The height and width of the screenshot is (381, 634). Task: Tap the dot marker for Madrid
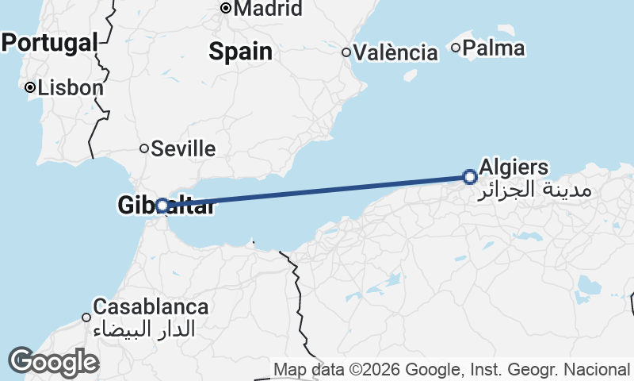(x=226, y=9)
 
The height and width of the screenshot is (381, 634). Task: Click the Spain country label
(x=240, y=52)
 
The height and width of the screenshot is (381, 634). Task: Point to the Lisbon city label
(x=71, y=87)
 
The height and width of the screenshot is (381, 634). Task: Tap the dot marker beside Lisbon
(x=30, y=87)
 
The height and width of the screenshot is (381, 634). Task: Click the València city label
(x=396, y=53)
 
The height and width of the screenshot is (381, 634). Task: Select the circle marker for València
(x=346, y=53)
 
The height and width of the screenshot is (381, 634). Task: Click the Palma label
(x=494, y=48)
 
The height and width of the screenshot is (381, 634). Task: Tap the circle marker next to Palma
(x=456, y=48)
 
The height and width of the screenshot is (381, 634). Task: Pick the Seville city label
(x=183, y=148)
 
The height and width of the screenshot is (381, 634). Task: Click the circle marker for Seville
(x=144, y=148)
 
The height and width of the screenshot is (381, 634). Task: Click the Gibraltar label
(x=166, y=206)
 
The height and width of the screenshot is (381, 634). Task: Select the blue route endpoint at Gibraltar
(x=162, y=206)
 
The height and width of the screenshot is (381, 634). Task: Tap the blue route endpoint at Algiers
(x=470, y=177)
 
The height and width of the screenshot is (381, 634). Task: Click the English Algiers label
(x=514, y=167)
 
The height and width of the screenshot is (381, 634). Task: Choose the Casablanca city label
(x=151, y=306)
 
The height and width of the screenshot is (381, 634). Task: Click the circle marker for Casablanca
(x=86, y=317)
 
